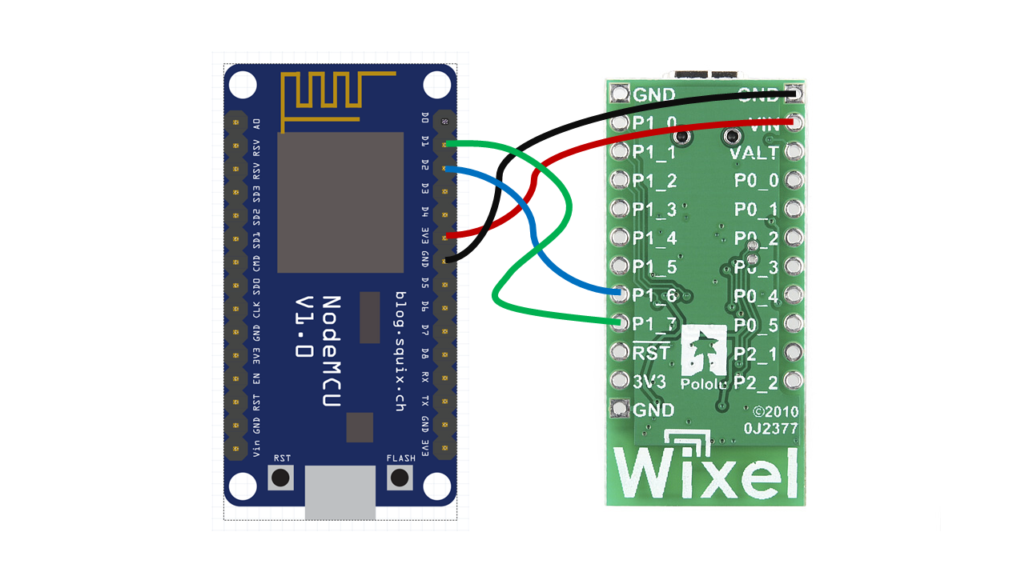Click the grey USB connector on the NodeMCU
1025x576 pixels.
tap(340, 493)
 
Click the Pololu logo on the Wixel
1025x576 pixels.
tap(704, 359)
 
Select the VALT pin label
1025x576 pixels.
tap(754, 152)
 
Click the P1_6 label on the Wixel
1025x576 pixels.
tap(655, 295)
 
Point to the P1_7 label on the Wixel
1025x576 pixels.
tap(655, 324)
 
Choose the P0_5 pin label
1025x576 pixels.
tap(756, 325)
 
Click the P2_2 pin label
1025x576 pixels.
tap(756, 382)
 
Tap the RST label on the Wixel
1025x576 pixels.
tap(649, 353)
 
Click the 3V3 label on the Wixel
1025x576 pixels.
tap(649, 382)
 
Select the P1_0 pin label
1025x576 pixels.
tap(655, 123)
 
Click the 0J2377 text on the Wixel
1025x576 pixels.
tap(770, 429)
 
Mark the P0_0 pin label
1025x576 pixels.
tap(756, 181)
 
